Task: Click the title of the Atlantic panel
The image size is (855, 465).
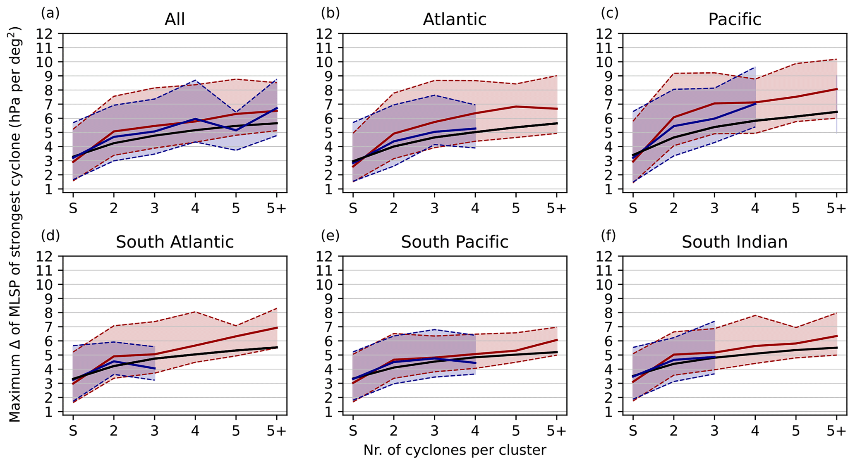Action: tap(454, 19)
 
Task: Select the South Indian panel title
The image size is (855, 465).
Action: tap(734, 242)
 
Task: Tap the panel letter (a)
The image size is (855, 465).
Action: tap(50, 13)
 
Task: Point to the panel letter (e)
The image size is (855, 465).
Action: tap(330, 236)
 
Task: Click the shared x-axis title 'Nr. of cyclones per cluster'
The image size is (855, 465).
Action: tap(455, 450)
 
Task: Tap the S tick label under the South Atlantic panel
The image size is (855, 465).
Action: tap(73, 431)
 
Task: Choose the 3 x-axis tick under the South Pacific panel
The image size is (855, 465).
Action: tap(434, 431)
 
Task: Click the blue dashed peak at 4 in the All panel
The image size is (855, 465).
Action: tap(195, 80)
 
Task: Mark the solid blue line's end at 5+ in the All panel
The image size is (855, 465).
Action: tap(277, 108)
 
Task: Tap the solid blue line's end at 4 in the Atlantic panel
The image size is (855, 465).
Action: tap(475, 129)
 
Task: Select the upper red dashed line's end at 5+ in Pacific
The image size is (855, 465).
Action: tap(836, 60)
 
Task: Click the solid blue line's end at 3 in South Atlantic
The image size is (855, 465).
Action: tap(154, 368)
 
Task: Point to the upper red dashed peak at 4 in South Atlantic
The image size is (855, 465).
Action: tap(195, 312)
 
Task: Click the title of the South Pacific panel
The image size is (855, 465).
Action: tap(454, 242)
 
